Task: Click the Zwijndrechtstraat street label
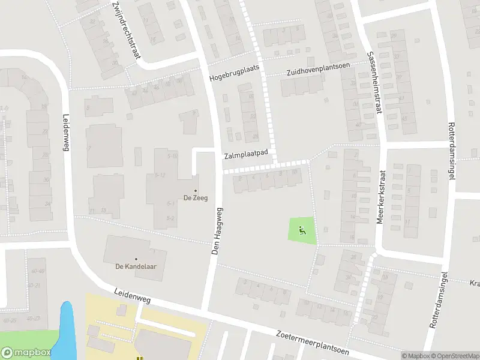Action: [126, 30]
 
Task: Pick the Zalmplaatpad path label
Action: [246, 154]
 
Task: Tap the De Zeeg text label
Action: [196, 199]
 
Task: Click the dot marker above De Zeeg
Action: [196, 191]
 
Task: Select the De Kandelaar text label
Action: [136, 268]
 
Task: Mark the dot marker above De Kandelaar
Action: [136, 259]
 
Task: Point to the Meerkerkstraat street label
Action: [380, 197]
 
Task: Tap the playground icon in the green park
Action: [301, 228]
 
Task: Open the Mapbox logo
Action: [26, 353]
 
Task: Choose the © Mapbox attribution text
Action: [415, 356]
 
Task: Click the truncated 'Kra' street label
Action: [474, 283]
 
